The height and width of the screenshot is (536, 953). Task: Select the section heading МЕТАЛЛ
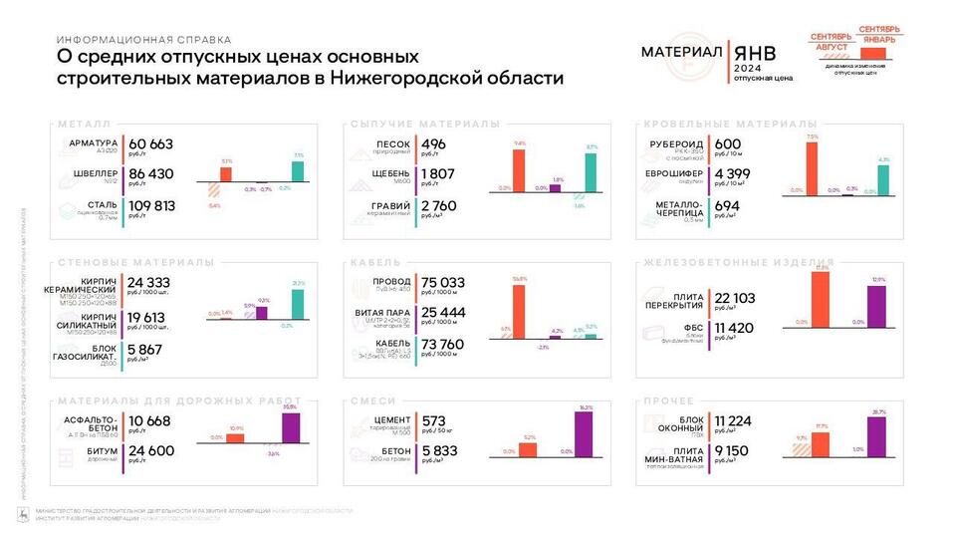(84, 125)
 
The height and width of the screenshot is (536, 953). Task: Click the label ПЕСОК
(394, 143)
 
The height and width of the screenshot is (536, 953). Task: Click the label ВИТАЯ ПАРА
(383, 313)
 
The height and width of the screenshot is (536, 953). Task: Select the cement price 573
(434, 420)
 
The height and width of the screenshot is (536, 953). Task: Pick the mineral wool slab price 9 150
(735, 451)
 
